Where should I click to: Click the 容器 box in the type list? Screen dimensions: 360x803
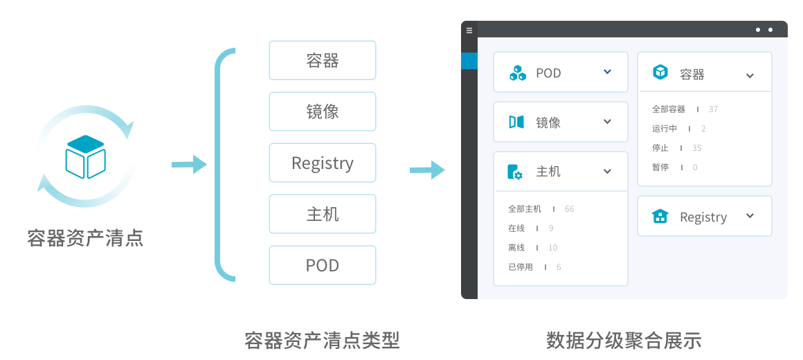pyautogui.click(x=323, y=60)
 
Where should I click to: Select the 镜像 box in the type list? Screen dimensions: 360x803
pyautogui.click(x=323, y=111)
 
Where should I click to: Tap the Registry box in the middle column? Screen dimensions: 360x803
pyautogui.click(x=323, y=163)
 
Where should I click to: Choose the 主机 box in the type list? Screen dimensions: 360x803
pyautogui.click(x=323, y=214)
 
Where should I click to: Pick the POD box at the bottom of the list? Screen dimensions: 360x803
pyautogui.click(x=323, y=265)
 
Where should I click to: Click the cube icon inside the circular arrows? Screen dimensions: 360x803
pyautogui.click(x=85, y=156)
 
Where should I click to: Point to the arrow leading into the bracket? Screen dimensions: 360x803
pyautogui.click(x=189, y=164)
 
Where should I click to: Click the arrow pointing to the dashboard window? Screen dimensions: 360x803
pyautogui.click(x=427, y=169)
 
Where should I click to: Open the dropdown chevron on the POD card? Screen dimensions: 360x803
pyautogui.click(x=607, y=71)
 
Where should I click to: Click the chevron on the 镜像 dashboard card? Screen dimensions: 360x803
pyautogui.click(x=607, y=121)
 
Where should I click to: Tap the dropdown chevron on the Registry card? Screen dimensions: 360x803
pyautogui.click(x=750, y=215)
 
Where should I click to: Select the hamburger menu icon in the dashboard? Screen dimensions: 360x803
pyautogui.click(x=469, y=30)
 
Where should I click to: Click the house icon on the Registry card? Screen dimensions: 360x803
pyautogui.click(x=660, y=217)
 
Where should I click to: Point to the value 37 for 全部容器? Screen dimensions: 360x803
pyautogui.click(x=713, y=109)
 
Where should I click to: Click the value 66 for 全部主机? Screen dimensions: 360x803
pyautogui.click(x=570, y=209)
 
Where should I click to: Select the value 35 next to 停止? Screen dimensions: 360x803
pyautogui.click(x=696, y=148)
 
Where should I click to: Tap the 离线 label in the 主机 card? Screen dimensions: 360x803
pyautogui.click(x=516, y=248)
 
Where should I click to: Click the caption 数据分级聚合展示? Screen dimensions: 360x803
pyautogui.click(x=624, y=341)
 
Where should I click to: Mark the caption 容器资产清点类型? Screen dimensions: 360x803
pyautogui.click(x=323, y=341)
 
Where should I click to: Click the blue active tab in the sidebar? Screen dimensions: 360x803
pyautogui.click(x=469, y=61)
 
